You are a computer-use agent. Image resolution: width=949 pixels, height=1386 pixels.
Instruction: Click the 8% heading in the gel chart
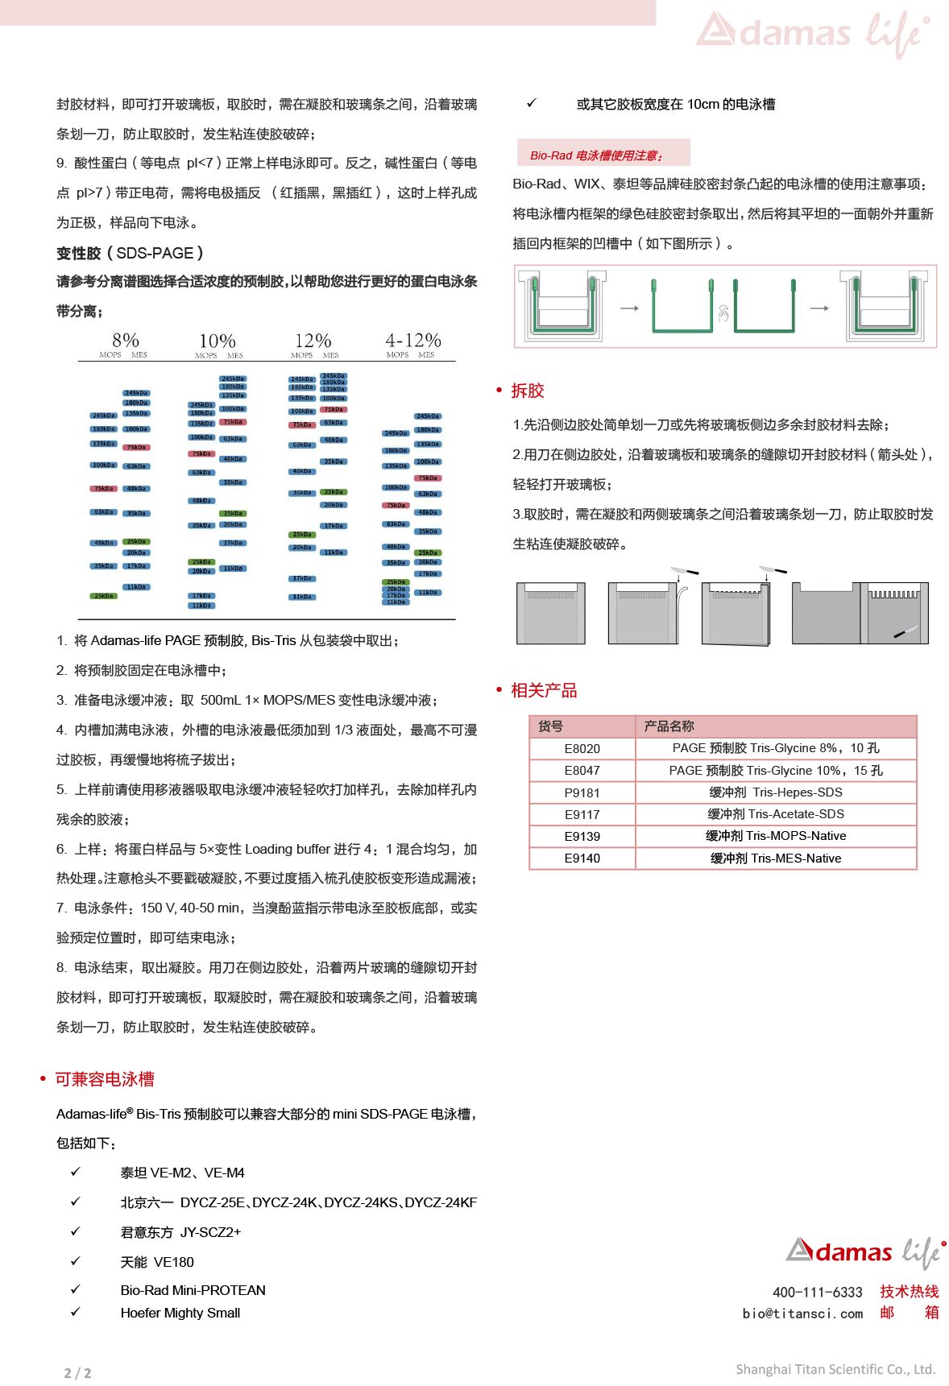pyautogui.click(x=126, y=341)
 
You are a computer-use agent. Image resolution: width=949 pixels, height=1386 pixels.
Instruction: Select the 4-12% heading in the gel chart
pyautogui.click(x=412, y=341)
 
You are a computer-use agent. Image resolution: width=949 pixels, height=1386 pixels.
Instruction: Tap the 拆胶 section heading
pyautogui.click(x=528, y=391)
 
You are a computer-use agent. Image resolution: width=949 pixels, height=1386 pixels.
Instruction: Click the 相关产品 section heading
pyautogui.click(x=544, y=690)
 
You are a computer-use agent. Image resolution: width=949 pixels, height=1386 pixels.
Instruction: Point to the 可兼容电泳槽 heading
pyautogui.click(x=105, y=1079)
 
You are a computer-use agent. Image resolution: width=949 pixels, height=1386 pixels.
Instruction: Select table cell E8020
pyautogui.click(x=582, y=748)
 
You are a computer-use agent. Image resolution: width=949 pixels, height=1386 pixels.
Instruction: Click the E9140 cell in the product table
pyautogui.click(x=582, y=858)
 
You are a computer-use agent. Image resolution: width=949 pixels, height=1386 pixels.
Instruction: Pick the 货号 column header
pyautogui.click(x=551, y=726)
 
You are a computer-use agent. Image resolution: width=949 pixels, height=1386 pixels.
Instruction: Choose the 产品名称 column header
pyautogui.click(x=669, y=726)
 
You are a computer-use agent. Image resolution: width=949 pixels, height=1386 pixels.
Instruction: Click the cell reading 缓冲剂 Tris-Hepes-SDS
pyautogui.click(x=775, y=792)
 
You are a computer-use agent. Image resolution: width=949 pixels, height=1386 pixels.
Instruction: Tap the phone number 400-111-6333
pyautogui.click(x=817, y=1293)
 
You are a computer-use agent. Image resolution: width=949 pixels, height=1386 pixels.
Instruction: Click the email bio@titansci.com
pyautogui.click(x=802, y=1314)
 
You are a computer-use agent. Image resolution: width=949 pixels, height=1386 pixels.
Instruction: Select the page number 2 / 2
pyautogui.click(x=78, y=1373)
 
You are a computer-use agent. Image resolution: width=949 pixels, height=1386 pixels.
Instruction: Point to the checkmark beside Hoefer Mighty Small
pyautogui.click(x=76, y=1312)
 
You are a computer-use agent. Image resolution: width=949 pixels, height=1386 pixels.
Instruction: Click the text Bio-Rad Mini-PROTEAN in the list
pyautogui.click(x=193, y=1290)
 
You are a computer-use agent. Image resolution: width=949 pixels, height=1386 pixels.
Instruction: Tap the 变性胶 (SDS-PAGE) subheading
pyautogui.click(x=130, y=253)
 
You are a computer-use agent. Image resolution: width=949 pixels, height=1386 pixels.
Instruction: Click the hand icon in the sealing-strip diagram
pyautogui.click(x=723, y=313)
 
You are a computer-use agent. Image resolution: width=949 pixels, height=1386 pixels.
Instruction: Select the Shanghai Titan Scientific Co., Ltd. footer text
pyautogui.click(x=835, y=1369)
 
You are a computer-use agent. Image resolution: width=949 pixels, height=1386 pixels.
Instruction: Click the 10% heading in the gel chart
pyautogui.click(x=218, y=341)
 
